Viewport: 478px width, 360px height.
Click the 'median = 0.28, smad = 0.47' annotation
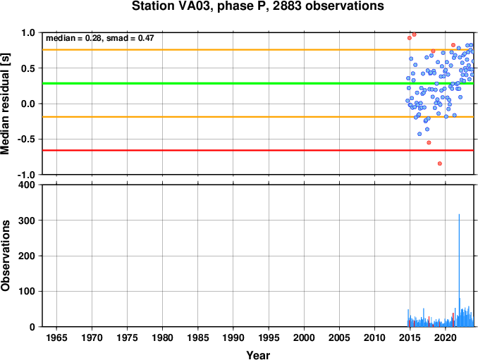tap(100, 38)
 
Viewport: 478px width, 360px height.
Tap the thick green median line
tap(258, 83)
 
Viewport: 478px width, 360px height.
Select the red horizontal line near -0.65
tap(258, 150)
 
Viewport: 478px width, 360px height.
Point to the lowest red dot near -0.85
tap(440, 163)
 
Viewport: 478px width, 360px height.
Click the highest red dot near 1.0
tap(414, 35)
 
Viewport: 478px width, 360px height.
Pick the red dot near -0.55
tap(429, 142)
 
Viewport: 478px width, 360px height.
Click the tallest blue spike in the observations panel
tap(459, 270)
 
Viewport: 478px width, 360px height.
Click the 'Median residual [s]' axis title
tap(5, 104)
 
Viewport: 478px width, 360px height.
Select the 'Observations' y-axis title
tap(5, 256)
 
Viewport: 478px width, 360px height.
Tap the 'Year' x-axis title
tap(258, 355)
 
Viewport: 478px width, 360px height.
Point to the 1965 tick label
tap(56, 337)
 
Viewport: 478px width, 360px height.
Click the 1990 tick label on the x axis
tap(233, 337)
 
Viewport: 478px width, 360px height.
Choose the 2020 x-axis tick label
tap(446, 337)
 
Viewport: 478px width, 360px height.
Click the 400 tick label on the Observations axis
tap(27, 185)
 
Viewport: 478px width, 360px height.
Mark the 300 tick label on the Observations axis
tap(27, 221)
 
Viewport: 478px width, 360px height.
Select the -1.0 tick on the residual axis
tap(27, 175)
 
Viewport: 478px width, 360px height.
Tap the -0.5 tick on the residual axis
tap(27, 139)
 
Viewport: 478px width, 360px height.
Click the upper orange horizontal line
tap(258, 49)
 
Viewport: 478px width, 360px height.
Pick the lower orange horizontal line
tap(258, 117)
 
